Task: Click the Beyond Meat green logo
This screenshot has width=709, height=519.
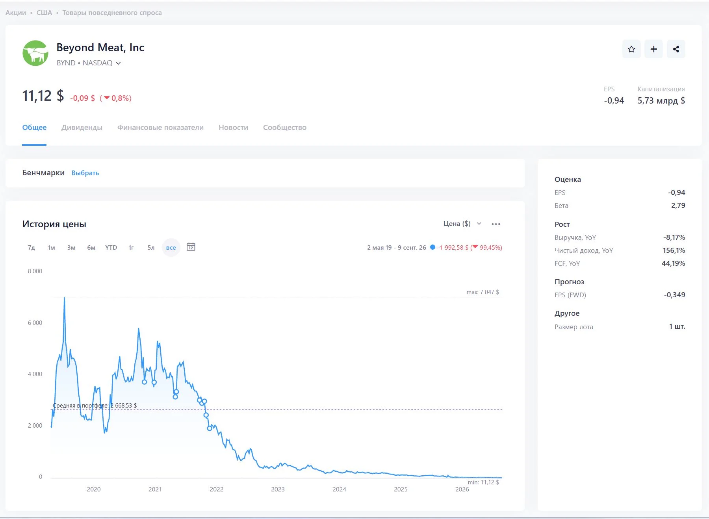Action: [x=35, y=53]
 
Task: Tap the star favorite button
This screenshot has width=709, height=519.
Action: [x=631, y=49]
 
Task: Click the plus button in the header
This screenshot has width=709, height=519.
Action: [x=653, y=49]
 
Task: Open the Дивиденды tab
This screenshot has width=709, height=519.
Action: [x=82, y=128]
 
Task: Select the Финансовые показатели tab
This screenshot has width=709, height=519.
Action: [x=160, y=128]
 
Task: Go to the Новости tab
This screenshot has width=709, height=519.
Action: [x=233, y=128]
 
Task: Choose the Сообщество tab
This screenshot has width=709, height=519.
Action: [x=285, y=128]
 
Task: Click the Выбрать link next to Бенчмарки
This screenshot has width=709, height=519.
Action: [x=85, y=173]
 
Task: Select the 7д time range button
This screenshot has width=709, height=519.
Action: [x=32, y=248]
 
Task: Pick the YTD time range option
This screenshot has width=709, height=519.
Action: [x=111, y=248]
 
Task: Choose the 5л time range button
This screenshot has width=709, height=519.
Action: [x=151, y=248]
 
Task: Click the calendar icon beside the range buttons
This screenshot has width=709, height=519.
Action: [x=191, y=247]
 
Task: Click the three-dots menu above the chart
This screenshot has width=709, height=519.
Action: [x=496, y=224]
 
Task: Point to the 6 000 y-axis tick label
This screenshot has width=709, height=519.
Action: [x=35, y=323]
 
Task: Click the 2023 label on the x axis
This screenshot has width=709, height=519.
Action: [x=278, y=489]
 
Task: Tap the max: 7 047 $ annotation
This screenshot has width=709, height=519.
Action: [x=483, y=292]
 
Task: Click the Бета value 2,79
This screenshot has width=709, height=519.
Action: [x=678, y=206]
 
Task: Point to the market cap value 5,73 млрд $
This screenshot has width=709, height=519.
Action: [x=661, y=101]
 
